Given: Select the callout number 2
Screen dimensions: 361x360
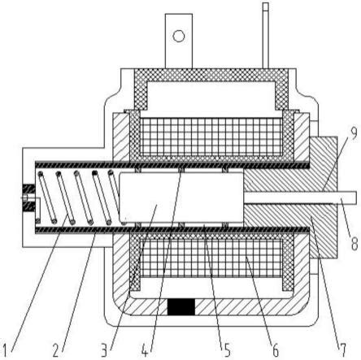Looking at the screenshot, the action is (56, 349).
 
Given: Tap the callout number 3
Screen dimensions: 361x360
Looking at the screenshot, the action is (105, 349).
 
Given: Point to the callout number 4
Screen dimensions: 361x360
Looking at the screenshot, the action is (145, 349).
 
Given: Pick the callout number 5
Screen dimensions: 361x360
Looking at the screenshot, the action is (226, 349).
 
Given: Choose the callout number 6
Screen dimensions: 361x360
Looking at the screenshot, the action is (275, 349).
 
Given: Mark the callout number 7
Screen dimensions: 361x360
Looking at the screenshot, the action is (342, 349).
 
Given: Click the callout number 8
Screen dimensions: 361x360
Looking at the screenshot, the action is (354, 242).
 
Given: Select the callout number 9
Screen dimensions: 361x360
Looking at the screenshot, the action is (353, 133).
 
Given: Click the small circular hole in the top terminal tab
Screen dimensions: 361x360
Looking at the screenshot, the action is (179, 36).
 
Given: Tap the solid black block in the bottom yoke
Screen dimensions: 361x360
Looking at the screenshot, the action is (181, 306).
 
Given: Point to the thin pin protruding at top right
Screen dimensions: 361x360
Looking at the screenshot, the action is (265, 35).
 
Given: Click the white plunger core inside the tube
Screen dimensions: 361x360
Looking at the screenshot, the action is (180, 197).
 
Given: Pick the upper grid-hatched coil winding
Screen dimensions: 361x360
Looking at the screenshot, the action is (211, 137).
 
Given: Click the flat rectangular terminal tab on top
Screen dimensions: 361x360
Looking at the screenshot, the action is (179, 41).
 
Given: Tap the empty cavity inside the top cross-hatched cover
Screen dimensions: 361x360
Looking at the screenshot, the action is (211, 98).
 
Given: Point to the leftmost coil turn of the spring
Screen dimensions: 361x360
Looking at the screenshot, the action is (47, 197).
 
